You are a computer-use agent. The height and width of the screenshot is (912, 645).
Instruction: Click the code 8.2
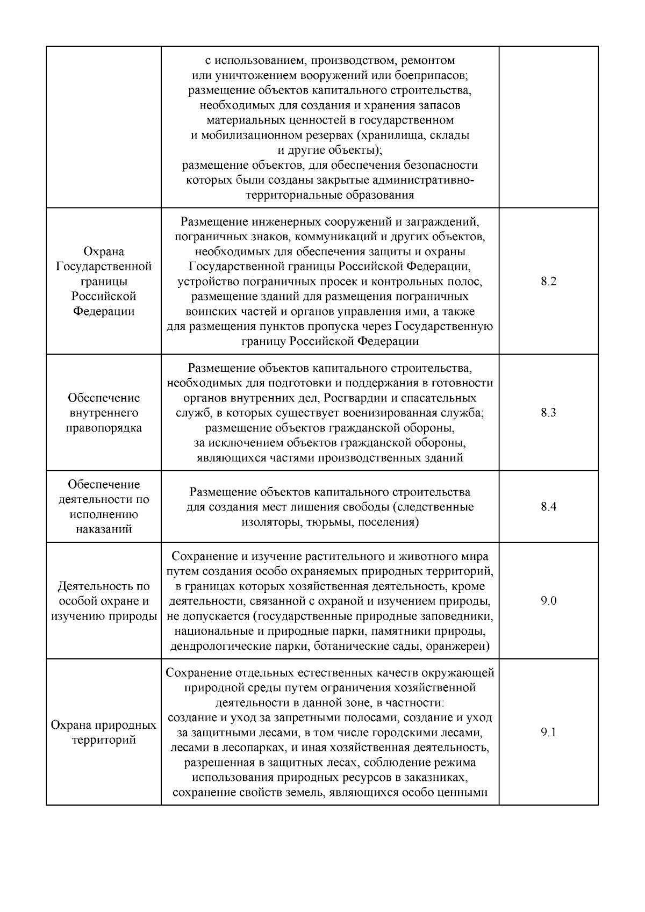(x=548, y=281)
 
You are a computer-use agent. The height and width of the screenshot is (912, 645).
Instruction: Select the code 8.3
(x=548, y=413)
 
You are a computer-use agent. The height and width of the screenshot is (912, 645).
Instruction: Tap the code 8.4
(x=548, y=507)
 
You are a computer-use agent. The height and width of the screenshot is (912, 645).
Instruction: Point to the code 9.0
(x=548, y=601)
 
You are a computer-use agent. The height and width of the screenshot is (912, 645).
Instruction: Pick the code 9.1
(x=548, y=733)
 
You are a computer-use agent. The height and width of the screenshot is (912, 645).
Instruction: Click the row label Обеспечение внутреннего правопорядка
(x=104, y=413)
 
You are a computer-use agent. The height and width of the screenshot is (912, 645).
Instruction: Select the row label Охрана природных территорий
(x=104, y=733)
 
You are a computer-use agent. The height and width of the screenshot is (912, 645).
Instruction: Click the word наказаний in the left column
(x=104, y=529)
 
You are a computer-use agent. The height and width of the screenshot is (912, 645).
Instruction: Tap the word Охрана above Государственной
(x=104, y=252)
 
